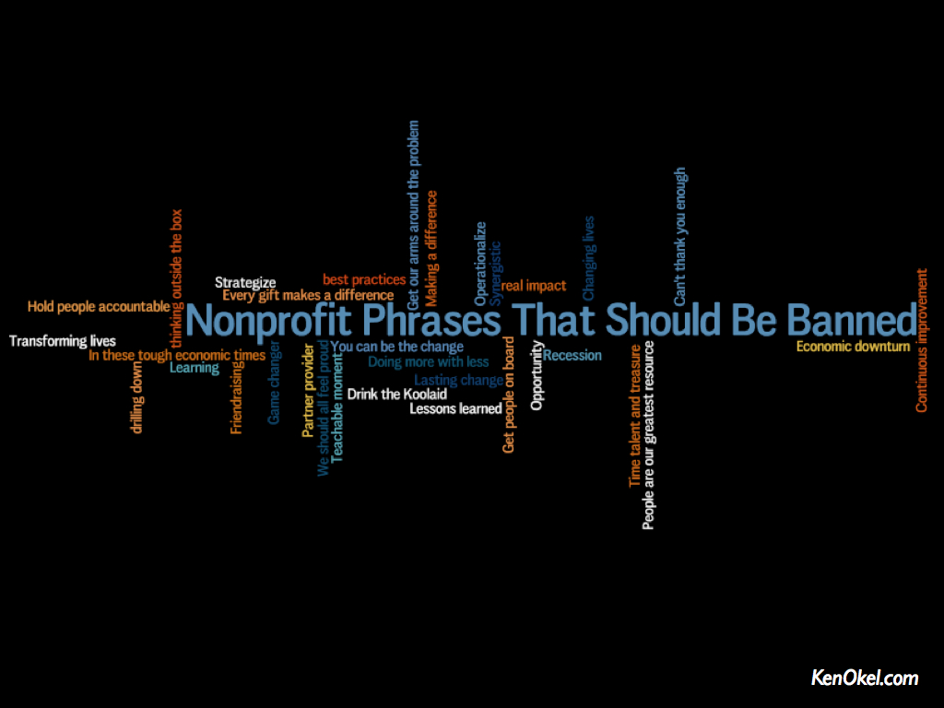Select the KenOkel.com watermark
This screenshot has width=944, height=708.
pyautogui.click(x=865, y=678)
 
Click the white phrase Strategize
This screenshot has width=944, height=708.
pyautogui.click(x=245, y=283)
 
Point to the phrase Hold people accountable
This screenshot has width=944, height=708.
pyautogui.click(x=99, y=307)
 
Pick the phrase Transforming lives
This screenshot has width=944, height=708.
pyautogui.click(x=63, y=341)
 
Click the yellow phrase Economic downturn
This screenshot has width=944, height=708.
pyautogui.click(x=853, y=347)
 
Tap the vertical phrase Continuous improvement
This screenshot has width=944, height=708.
pyautogui.click(x=922, y=341)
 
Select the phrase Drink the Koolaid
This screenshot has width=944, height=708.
pyautogui.click(x=396, y=395)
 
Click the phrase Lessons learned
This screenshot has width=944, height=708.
pyautogui.click(x=455, y=408)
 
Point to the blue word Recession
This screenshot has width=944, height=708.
pyautogui.click(x=572, y=355)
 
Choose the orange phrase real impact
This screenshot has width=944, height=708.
pyautogui.click(x=534, y=286)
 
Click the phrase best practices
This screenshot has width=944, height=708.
pyautogui.click(x=364, y=280)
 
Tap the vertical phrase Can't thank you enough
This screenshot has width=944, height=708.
pyautogui.click(x=679, y=237)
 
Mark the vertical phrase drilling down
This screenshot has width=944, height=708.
pyautogui.click(x=137, y=397)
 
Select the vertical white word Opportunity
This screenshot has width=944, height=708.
pyautogui.click(x=537, y=376)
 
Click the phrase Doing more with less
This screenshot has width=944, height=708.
pyautogui.click(x=428, y=361)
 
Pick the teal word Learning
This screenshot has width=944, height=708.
pyautogui.click(x=194, y=368)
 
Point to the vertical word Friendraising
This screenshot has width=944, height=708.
pyautogui.click(x=237, y=398)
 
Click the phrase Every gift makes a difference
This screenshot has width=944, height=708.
pyautogui.click(x=308, y=296)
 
